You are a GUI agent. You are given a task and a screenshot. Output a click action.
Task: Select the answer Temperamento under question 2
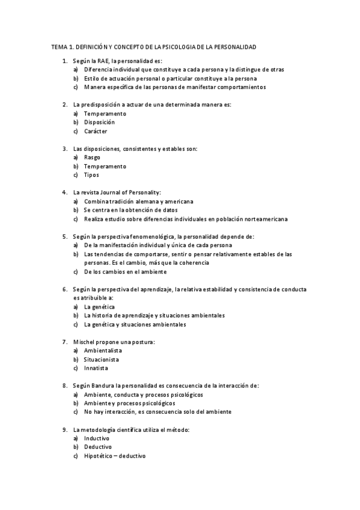[x=105, y=113]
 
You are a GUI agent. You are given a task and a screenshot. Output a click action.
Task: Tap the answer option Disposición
[x=99, y=122]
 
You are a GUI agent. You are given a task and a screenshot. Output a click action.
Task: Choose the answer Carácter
[x=96, y=131]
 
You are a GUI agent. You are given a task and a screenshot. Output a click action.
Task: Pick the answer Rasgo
[x=92, y=157]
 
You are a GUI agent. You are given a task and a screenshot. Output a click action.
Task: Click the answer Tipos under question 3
[x=91, y=175]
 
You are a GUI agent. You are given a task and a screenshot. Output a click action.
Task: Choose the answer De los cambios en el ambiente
[x=125, y=272]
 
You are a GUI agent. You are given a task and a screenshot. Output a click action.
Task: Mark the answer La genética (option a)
[x=99, y=307]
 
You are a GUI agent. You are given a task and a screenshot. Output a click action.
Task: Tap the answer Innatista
[x=96, y=368]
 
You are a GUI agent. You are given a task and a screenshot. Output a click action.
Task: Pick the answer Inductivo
[x=97, y=438]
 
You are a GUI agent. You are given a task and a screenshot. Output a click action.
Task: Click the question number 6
[x=64, y=289]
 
